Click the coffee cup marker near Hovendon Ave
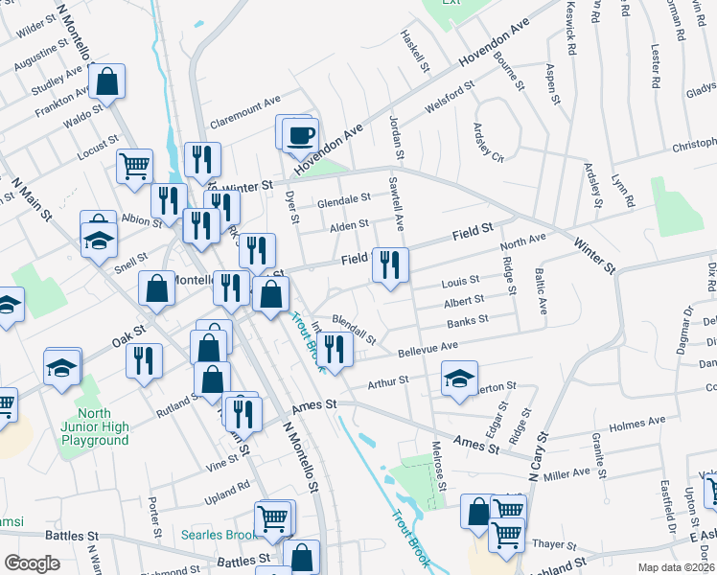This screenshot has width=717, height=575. click(x=302, y=134)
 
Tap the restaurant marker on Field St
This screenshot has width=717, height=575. click(x=390, y=264)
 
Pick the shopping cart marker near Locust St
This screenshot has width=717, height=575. click(x=135, y=166)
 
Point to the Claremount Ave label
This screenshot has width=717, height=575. click(x=244, y=100)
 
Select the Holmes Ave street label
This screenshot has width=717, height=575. click(x=636, y=421)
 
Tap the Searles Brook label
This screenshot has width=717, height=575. click(x=219, y=533)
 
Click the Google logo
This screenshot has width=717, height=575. click(x=32, y=563)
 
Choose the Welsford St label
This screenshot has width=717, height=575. click(x=449, y=99)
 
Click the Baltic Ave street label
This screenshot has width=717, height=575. click(x=542, y=292)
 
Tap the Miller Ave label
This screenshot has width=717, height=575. click(x=567, y=474)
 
